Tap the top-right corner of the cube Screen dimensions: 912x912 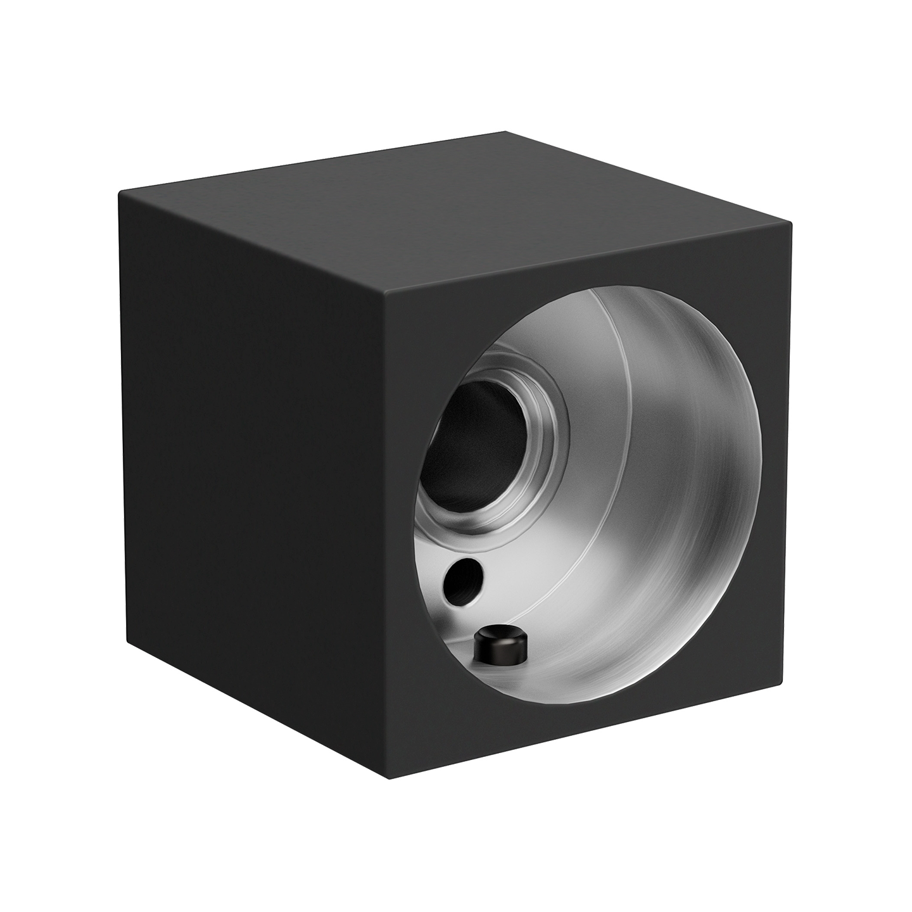(x=791, y=223)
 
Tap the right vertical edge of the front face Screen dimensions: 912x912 (x=788, y=456)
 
